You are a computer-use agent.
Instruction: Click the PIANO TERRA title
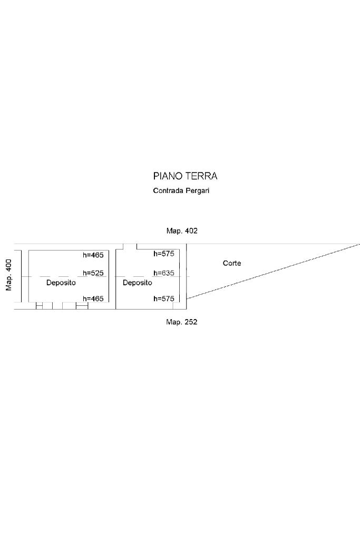click(x=185, y=176)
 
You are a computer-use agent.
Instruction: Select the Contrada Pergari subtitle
click(x=181, y=190)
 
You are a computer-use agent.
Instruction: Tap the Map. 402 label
click(x=182, y=231)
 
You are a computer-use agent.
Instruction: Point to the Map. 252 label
click(x=182, y=322)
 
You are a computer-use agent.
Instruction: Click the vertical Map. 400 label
click(x=8, y=275)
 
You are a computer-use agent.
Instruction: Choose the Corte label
click(x=232, y=263)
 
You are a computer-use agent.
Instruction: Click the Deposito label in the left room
click(x=61, y=283)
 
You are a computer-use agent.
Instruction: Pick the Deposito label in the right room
click(x=138, y=283)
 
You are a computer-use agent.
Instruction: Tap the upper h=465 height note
click(x=93, y=255)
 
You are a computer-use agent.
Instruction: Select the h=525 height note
click(x=93, y=273)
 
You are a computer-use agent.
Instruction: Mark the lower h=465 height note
click(x=93, y=298)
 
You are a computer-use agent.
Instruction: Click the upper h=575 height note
click(x=164, y=254)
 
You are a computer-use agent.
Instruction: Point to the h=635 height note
click(x=164, y=273)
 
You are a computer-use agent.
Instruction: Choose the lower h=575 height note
click(x=164, y=298)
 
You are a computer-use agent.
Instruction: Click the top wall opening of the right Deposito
click(x=130, y=247)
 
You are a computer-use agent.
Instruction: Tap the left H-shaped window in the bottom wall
click(x=39, y=306)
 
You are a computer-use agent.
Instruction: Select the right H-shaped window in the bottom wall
click(x=82, y=306)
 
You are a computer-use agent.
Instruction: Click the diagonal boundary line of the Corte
click(x=273, y=272)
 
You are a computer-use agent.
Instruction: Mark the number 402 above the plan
click(x=191, y=231)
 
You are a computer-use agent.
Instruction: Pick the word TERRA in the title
click(x=201, y=176)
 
